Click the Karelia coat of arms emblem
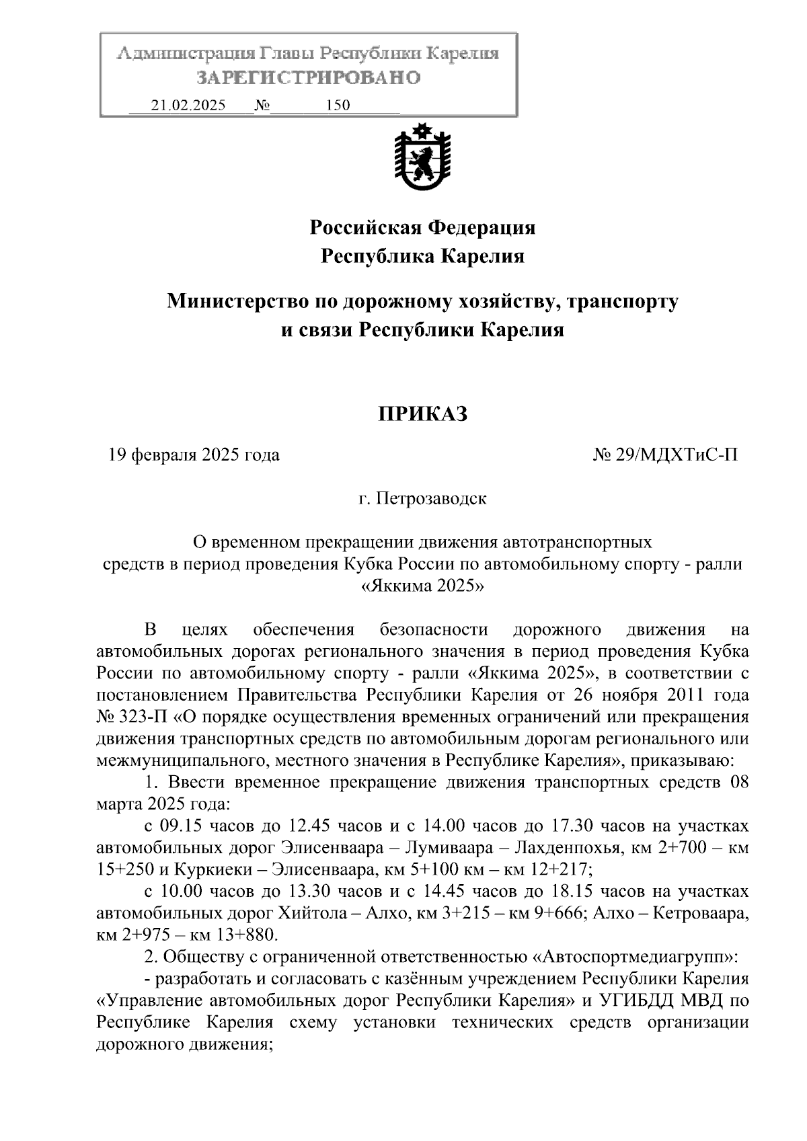422,159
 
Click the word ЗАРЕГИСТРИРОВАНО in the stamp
308,78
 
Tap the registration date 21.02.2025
189,106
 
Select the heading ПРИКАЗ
422,414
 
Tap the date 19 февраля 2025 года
194,455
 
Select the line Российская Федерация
422,228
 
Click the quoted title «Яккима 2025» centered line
423,586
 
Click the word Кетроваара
701,914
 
